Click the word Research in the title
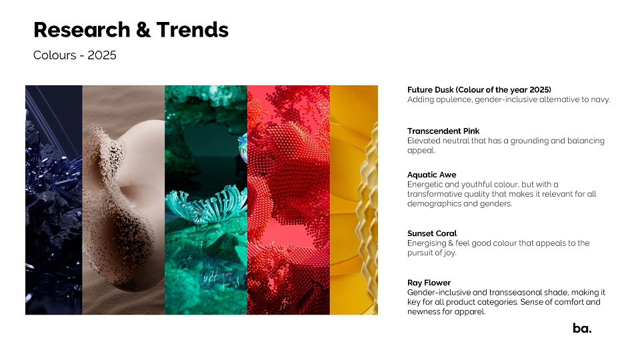pyautogui.click(x=81, y=30)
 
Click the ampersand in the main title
pyautogui.click(x=143, y=30)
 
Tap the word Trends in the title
pyautogui.click(x=192, y=30)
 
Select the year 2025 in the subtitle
pyautogui.click(x=102, y=55)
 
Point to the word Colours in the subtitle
pyautogui.click(x=55, y=55)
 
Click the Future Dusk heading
pyautogui.click(x=479, y=90)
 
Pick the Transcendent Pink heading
pyautogui.click(x=443, y=131)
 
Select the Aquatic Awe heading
pyautogui.click(x=432, y=175)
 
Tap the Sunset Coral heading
pyautogui.click(x=432, y=233)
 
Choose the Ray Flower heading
pyautogui.click(x=429, y=283)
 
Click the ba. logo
pyautogui.click(x=582, y=328)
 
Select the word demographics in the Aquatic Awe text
pyautogui.click(x=434, y=204)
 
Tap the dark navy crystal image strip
pyautogui.click(x=54, y=200)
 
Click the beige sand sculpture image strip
pyautogui.click(x=124, y=200)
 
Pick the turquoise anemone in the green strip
pyautogui.click(x=207, y=203)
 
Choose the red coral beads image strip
pyautogui.click(x=289, y=200)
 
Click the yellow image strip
pyautogui.click(x=354, y=200)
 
